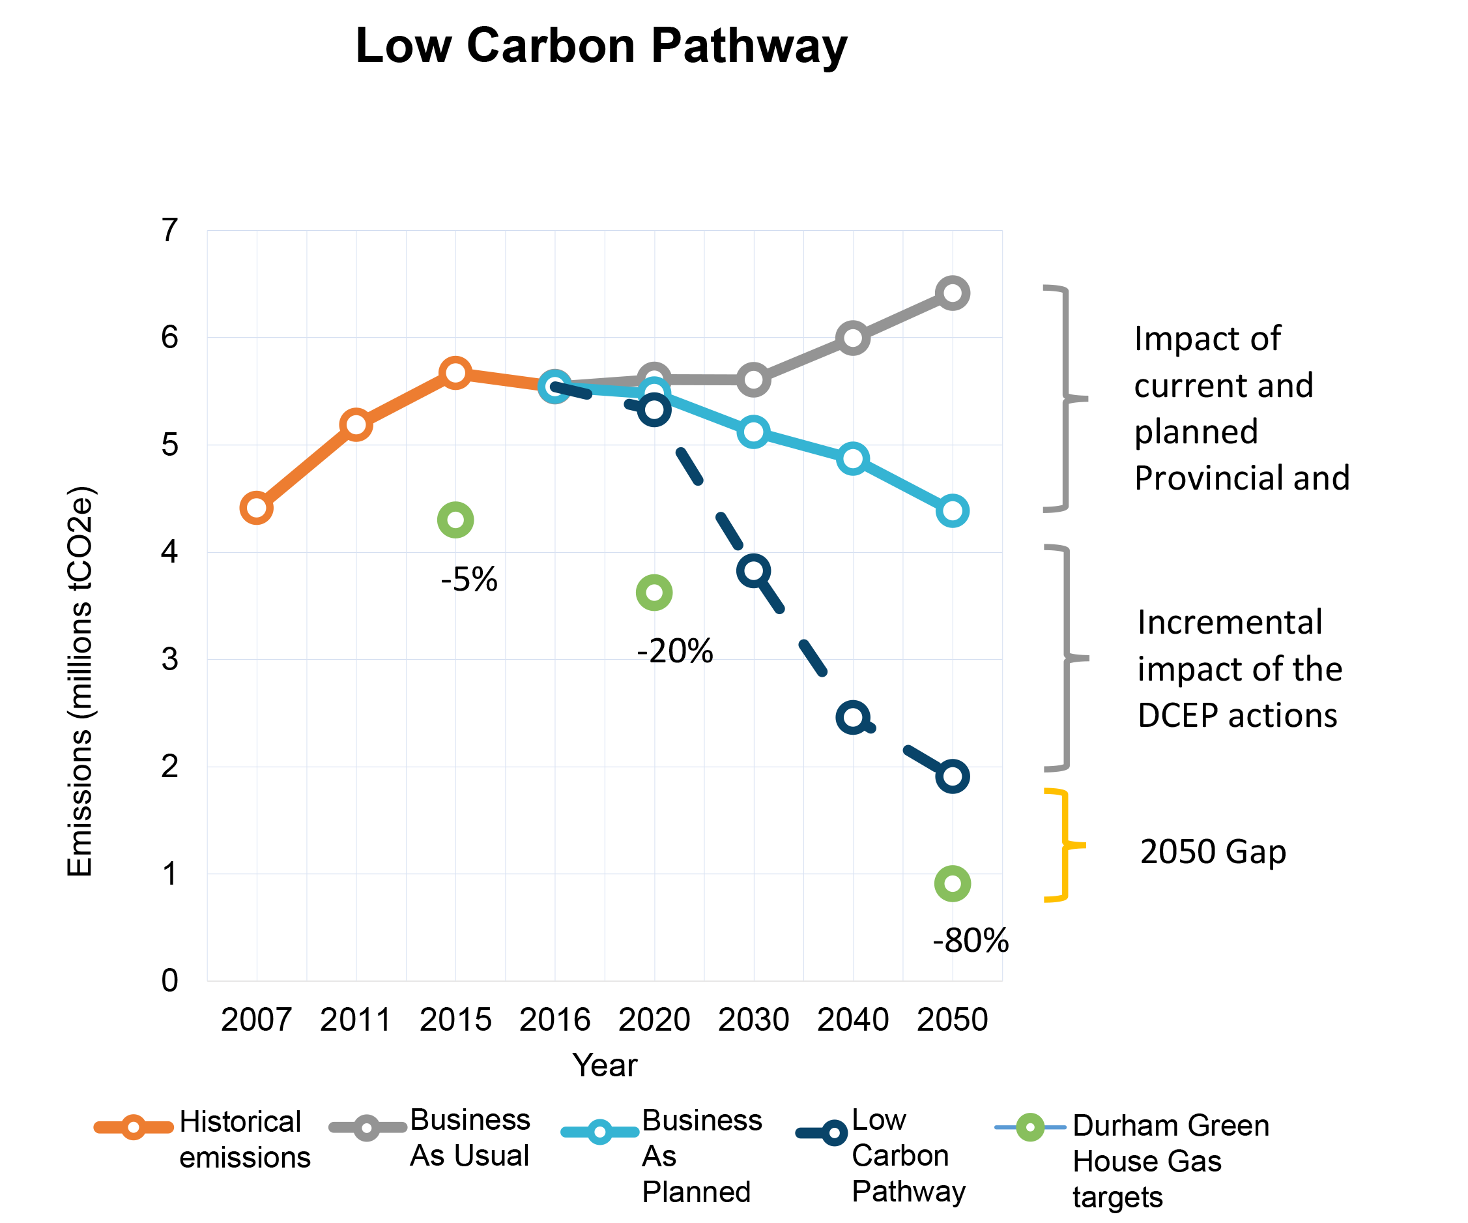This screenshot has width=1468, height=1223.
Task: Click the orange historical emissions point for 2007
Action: tap(257, 508)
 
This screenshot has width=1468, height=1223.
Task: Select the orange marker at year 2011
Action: tap(356, 424)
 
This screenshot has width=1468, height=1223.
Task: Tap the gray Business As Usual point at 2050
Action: tap(952, 292)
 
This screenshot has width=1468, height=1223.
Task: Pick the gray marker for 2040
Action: tap(853, 338)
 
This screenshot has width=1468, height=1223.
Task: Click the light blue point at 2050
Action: tap(952, 511)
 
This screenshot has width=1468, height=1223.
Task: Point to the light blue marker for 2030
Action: tap(754, 432)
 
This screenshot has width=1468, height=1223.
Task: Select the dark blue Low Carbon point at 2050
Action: tap(952, 776)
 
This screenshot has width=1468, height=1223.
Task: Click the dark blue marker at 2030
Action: tap(754, 571)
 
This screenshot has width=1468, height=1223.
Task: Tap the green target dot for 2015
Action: tap(455, 520)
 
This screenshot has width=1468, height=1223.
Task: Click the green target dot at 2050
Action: tap(952, 884)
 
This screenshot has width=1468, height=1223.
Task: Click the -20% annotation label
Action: tap(674, 651)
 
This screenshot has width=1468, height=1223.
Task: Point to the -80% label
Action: tap(970, 941)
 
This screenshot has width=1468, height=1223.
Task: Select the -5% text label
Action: tap(469, 580)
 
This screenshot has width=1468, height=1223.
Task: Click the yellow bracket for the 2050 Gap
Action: tap(1063, 846)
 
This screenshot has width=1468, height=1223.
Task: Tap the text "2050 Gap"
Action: tap(1213, 851)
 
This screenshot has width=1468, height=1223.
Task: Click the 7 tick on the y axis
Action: tap(170, 230)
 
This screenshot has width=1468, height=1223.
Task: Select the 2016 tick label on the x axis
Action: tap(554, 1020)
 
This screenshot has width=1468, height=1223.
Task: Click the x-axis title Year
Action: tap(605, 1066)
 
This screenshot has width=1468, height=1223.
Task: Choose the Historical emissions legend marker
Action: tap(134, 1127)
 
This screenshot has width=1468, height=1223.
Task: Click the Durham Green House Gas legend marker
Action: tap(1029, 1127)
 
